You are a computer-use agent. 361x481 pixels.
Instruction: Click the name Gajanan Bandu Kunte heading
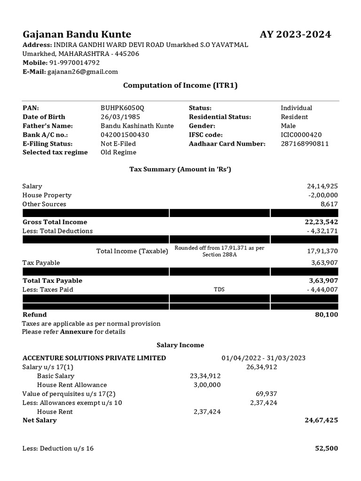pos(77,34)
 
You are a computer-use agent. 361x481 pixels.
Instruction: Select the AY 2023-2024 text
pos(295,34)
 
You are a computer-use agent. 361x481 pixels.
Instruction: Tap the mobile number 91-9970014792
pos(74,62)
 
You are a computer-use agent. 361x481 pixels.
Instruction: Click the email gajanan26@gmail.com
pos(83,71)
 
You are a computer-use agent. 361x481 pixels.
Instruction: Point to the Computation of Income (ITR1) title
pos(180,85)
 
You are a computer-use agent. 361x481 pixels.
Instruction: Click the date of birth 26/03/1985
pos(120,117)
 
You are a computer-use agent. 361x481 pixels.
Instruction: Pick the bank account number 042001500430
pos(125,135)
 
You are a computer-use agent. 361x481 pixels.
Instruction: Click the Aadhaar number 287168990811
pos(305,144)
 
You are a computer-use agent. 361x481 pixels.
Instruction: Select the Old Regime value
pos(118,153)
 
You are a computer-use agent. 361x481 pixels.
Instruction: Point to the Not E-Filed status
pos(118,144)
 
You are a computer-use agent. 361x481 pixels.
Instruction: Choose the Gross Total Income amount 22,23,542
pos(321,222)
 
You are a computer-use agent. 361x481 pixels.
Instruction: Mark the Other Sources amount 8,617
pos(329,204)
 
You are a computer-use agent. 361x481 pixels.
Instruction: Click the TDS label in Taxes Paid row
pos(219,289)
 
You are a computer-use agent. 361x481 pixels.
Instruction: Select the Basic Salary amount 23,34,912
pos(205,376)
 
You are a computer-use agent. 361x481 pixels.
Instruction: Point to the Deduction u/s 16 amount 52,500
pos(326,448)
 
